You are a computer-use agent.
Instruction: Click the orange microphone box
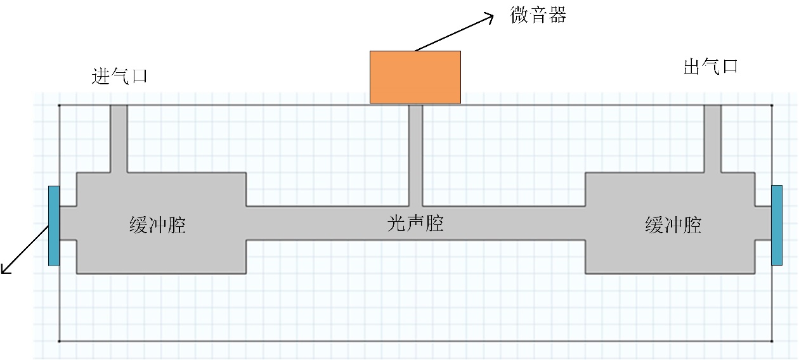point(415,77)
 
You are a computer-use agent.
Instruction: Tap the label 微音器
point(538,15)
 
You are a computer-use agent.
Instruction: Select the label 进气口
point(119,77)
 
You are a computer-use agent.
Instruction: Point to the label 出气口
point(711,67)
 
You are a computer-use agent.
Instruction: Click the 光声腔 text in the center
point(415,224)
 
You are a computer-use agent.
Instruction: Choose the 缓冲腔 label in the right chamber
point(673,225)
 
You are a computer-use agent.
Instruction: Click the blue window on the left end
point(54,226)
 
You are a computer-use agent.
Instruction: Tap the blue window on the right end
point(777,225)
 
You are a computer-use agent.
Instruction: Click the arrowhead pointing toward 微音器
point(488,17)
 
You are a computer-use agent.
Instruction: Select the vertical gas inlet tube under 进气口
point(119,138)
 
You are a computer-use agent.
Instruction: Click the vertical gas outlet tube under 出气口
point(713,138)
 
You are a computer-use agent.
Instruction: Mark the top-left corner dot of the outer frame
point(59,105)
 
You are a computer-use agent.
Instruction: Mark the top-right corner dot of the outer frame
point(772,105)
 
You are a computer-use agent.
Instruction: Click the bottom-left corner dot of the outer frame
point(59,341)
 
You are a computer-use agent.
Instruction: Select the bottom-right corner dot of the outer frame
point(772,341)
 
